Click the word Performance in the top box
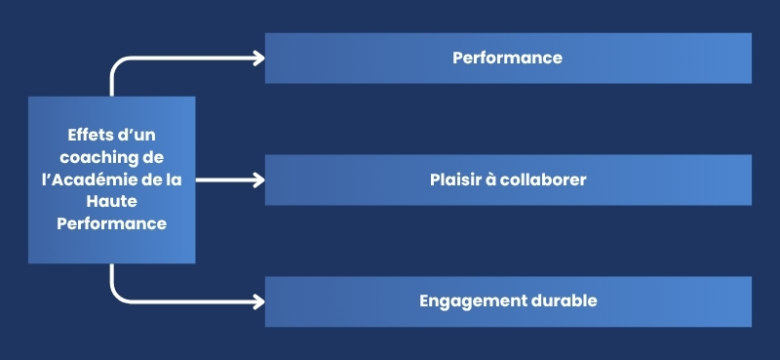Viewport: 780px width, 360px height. tap(507, 58)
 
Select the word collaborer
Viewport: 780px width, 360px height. tap(542, 180)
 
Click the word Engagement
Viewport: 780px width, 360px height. tap(468, 300)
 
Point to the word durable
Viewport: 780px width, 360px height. tap(562, 300)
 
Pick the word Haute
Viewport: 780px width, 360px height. tap(111, 201)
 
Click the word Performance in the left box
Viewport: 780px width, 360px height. tap(111, 223)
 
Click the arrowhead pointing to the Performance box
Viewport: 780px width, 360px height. tap(258, 58)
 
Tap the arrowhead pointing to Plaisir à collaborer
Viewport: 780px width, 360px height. tap(258, 180)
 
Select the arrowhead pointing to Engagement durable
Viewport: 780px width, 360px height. tap(258, 301)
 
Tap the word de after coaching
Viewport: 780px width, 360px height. tap(152, 157)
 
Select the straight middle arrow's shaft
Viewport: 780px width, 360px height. tap(224, 180)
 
